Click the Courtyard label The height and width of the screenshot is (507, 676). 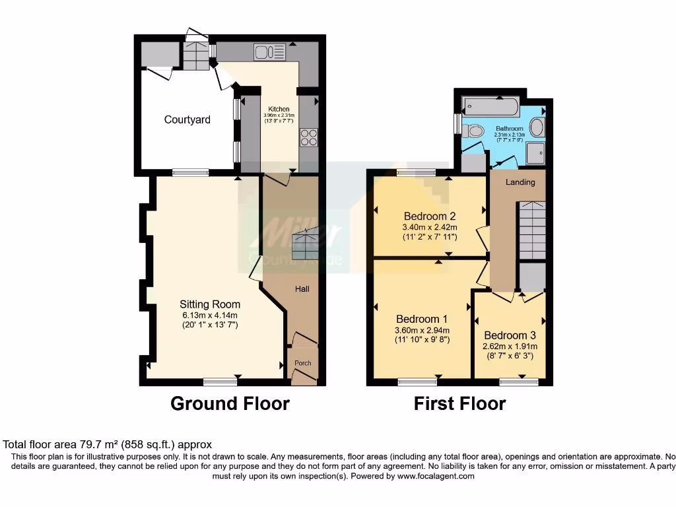pyautogui.click(x=187, y=119)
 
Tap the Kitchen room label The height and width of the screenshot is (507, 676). pyautogui.click(x=279, y=109)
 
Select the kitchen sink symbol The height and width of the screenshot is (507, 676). pyautogui.click(x=269, y=51)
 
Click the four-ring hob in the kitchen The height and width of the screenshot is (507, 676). pyautogui.click(x=309, y=137)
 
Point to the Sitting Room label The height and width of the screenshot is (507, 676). pyautogui.click(x=210, y=304)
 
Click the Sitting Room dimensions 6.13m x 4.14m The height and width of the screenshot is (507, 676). pyautogui.click(x=210, y=315)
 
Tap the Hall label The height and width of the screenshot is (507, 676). pyautogui.click(x=302, y=288)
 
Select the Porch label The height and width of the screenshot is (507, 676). pyautogui.click(x=302, y=363)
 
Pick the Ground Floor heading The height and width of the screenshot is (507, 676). pyautogui.click(x=230, y=403)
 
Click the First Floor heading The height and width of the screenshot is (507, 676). pyautogui.click(x=459, y=403)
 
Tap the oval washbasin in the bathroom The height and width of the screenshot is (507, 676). pyautogui.click(x=538, y=127)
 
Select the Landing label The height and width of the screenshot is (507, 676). pyautogui.click(x=520, y=182)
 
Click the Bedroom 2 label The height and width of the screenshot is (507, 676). pyautogui.click(x=430, y=216)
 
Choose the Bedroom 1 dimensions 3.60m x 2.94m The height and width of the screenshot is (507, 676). pyautogui.click(x=422, y=331)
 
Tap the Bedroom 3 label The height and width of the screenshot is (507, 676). pyautogui.click(x=510, y=335)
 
